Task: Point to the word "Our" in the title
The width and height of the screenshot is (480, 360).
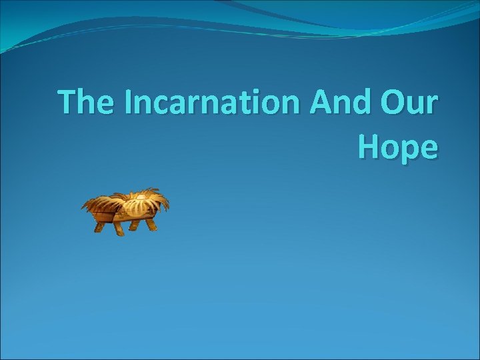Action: (x=407, y=103)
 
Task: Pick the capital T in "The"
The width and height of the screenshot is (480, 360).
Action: (x=68, y=103)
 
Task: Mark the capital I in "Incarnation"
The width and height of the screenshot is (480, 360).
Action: (x=126, y=103)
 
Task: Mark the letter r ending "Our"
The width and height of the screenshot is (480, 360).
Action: (x=431, y=107)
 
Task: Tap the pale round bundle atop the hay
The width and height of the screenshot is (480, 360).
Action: (x=141, y=197)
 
